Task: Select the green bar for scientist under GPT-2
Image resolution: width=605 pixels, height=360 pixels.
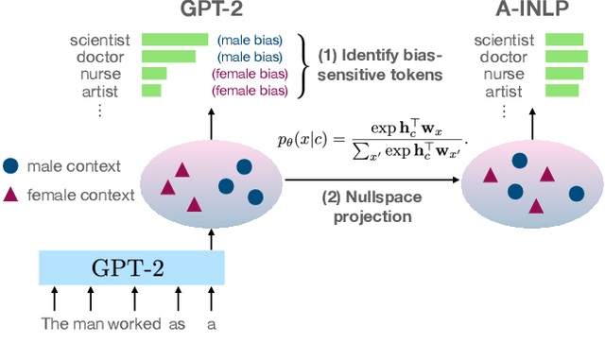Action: (175, 40)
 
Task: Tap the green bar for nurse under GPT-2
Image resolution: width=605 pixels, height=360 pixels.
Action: (154, 74)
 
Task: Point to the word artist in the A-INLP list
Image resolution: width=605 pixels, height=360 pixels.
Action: (507, 92)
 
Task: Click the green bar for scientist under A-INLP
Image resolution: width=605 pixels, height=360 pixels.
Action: (565, 40)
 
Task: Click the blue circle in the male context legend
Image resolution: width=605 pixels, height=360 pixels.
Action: (10, 165)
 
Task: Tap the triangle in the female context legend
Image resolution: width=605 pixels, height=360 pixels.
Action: (10, 195)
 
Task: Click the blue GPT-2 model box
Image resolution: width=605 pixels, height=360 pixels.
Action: (130, 268)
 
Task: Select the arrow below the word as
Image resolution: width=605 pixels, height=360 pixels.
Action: (178, 300)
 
